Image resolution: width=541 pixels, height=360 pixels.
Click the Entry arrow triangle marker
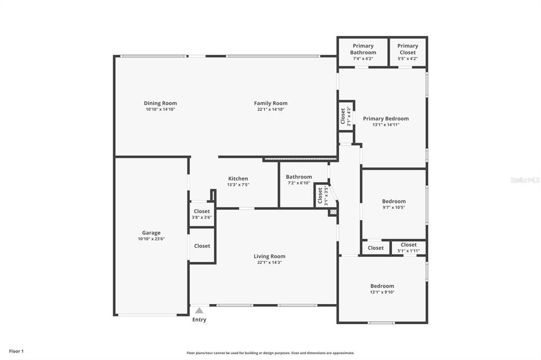199,310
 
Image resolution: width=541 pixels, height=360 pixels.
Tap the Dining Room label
160,103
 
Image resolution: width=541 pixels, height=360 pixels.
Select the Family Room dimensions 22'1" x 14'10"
270,110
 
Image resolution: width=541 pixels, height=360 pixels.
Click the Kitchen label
238,178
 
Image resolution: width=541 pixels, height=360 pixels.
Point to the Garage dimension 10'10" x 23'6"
151,239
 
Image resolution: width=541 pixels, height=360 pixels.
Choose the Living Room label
269,257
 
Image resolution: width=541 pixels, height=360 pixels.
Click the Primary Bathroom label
363,49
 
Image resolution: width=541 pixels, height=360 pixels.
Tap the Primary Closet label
407,49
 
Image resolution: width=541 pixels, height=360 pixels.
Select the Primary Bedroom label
386,119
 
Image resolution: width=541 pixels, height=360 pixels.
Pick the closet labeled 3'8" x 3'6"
202,214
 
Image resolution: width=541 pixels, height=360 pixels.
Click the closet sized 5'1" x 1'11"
408,247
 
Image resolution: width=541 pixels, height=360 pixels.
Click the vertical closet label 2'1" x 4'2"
346,116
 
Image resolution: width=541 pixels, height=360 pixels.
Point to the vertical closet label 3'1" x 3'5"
323,196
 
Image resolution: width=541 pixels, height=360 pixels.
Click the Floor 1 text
16,351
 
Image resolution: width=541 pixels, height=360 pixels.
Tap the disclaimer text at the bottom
270,353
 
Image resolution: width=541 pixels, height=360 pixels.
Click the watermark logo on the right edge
525,180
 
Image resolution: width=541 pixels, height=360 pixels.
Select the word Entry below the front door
199,320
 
